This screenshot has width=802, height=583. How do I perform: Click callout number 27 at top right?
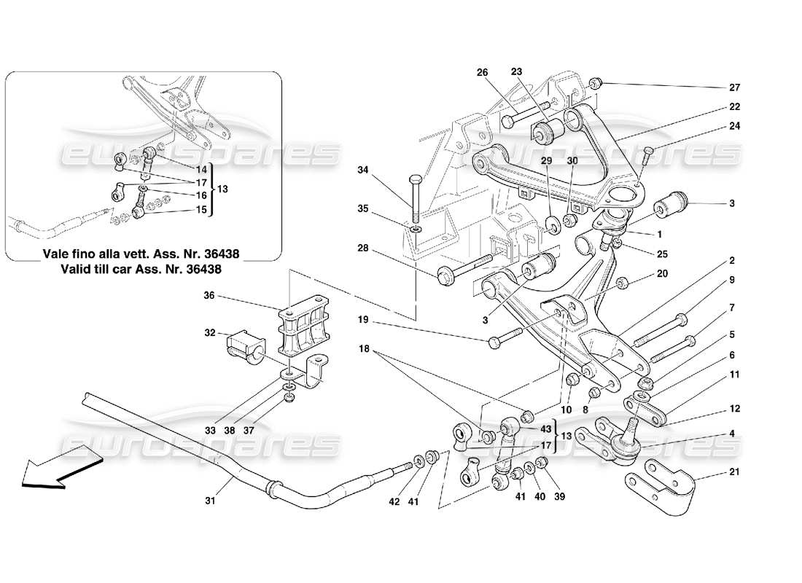pyautogui.click(x=734, y=87)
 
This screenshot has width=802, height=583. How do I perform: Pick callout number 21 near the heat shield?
pyautogui.click(x=734, y=472)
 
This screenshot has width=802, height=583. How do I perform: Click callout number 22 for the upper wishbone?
pyautogui.click(x=734, y=107)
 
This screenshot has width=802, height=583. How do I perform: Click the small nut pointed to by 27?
pyautogui.click(x=596, y=82)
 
